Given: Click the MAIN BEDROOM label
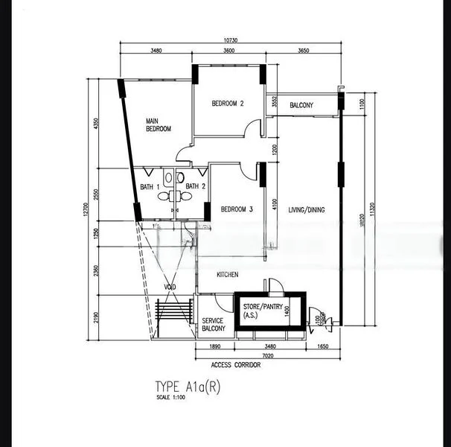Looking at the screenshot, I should pyautogui.click(x=158, y=125).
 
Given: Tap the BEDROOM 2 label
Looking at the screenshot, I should pyautogui.click(x=228, y=104).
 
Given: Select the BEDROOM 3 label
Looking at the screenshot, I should pyautogui.click(x=236, y=210).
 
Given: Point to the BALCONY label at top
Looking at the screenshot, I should pyautogui.click(x=301, y=105).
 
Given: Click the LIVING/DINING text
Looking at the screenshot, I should pyautogui.click(x=307, y=211).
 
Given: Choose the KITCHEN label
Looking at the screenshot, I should pyautogui.click(x=227, y=275).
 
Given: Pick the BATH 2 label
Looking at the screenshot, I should pyautogui.click(x=195, y=186).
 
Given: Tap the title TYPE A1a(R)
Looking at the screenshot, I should pyautogui.click(x=188, y=387).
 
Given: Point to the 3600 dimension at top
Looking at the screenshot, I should pyautogui.click(x=228, y=51).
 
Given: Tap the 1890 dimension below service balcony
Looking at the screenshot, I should pyautogui.click(x=214, y=346).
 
